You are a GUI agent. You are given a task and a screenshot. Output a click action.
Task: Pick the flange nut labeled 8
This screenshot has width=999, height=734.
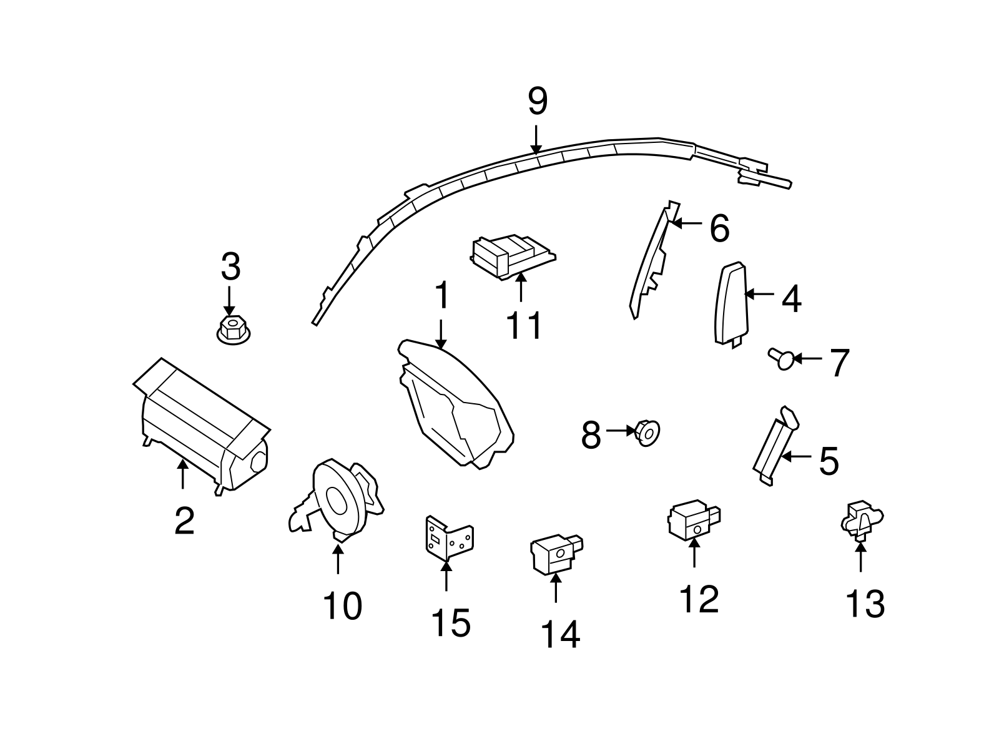coord(647,432)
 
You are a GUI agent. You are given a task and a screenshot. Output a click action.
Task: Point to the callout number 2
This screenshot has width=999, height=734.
coord(184,521)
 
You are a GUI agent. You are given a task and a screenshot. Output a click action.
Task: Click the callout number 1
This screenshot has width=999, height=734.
coord(441,295)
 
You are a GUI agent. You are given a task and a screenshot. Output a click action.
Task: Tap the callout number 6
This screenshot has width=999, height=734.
coord(719,228)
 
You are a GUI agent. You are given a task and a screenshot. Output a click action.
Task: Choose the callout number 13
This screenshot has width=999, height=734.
coord(865,604)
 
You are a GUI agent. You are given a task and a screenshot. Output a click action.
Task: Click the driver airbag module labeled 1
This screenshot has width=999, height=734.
coord(456,406)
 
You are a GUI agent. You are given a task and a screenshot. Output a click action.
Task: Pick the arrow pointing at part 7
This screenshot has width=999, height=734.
coord(808,359)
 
